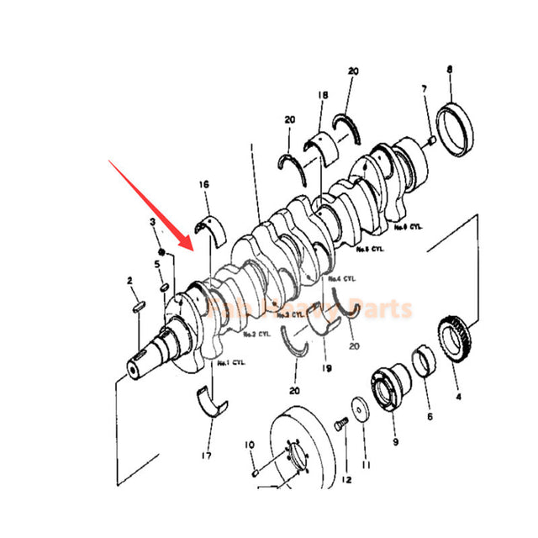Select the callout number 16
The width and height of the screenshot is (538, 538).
pos(203,183)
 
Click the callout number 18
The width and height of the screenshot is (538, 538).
pos(322,98)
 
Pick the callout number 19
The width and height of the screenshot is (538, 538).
pos(327,367)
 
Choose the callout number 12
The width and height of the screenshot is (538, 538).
pos(346,479)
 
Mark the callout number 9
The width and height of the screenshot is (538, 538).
pos(395,440)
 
